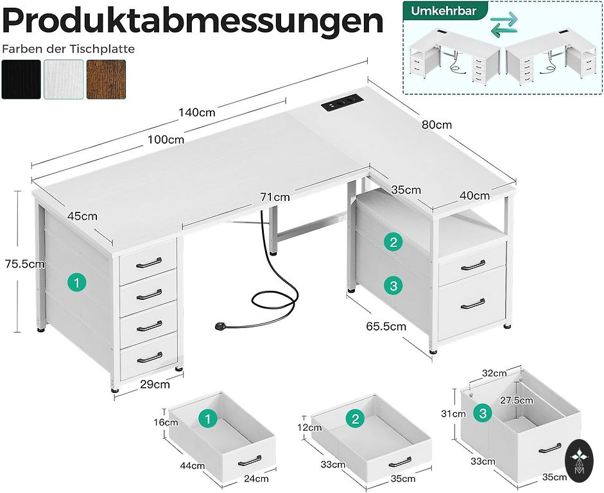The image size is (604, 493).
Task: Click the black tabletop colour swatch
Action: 21,80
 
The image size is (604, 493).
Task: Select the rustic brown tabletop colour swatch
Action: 106,80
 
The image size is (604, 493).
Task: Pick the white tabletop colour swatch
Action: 64,80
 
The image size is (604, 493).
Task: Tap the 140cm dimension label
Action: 197,112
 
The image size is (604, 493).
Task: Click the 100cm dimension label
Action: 165,139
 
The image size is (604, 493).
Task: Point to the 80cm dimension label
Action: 436,125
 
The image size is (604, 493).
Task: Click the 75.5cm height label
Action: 24,263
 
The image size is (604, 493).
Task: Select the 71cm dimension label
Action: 274,197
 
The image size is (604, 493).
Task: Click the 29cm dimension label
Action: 155,385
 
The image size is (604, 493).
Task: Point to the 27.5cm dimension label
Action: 517,401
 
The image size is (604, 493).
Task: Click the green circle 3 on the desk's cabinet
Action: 393,284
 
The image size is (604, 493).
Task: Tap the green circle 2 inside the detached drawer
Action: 355,420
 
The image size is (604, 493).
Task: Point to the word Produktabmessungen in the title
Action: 193,21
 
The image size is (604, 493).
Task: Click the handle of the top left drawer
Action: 149,261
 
